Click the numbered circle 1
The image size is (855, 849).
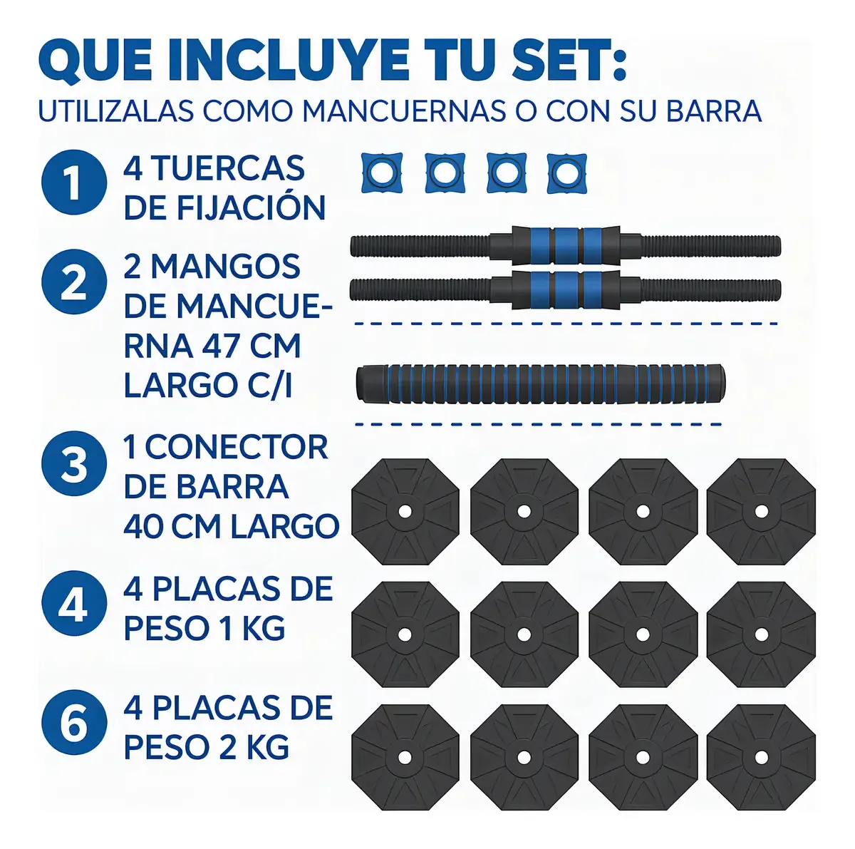pos(74,182)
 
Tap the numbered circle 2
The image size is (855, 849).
pos(74,282)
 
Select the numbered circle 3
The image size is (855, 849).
pos(74,464)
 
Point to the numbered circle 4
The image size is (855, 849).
pos(74,604)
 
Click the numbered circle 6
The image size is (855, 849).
pos(74,722)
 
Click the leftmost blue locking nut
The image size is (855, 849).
pos(382,173)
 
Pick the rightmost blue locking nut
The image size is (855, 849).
pos(566,173)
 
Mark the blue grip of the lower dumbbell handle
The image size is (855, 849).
pos(566,289)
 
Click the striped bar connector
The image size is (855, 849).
pos(540,384)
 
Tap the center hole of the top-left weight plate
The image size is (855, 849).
pos(404,512)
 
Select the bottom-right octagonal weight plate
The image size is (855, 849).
pos(762,757)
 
